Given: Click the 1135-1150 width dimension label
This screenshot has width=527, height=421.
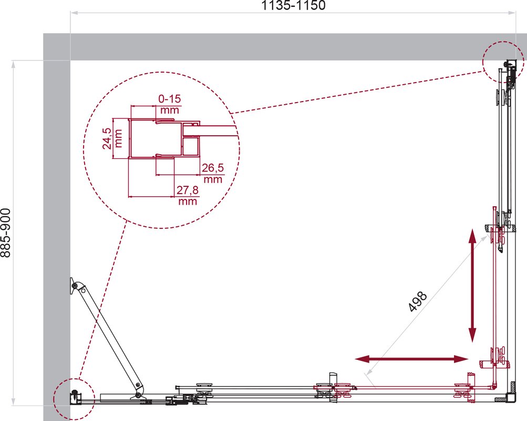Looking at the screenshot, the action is (x=293, y=5).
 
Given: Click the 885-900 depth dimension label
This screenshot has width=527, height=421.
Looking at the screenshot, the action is (x=6, y=233).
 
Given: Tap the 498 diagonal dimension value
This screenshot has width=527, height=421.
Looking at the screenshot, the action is (x=417, y=300).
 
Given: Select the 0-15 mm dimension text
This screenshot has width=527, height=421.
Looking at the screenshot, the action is (x=170, y=104).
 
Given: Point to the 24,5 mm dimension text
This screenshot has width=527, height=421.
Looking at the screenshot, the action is (x=112, y=138).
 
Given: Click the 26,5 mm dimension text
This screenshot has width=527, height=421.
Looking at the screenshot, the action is (x=213, y=173).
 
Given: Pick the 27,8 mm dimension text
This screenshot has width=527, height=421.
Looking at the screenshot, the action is (x=188, y=195).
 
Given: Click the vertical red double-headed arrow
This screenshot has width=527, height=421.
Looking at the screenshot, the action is (x=472, y=285).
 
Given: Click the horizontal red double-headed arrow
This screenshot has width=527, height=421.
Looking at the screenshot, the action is (x=412, y=359).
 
